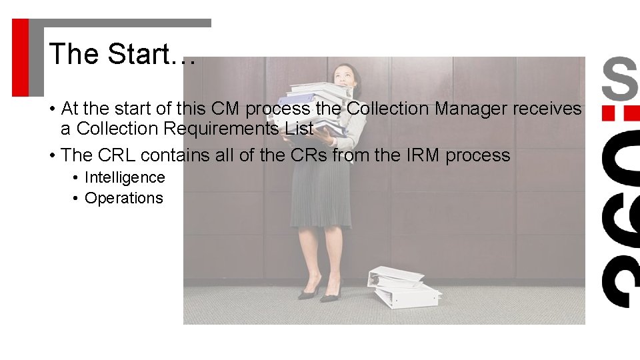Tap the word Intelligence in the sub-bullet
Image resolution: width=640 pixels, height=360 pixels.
(125, 177)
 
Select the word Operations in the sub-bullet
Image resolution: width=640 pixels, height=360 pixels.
(123, 198)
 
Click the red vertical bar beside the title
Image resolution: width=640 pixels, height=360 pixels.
(21, 57)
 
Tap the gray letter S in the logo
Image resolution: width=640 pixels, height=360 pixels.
(619, 79)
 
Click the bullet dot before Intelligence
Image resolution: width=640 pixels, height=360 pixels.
(77, 178)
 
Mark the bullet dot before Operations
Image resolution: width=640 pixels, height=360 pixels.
(77, 199)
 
